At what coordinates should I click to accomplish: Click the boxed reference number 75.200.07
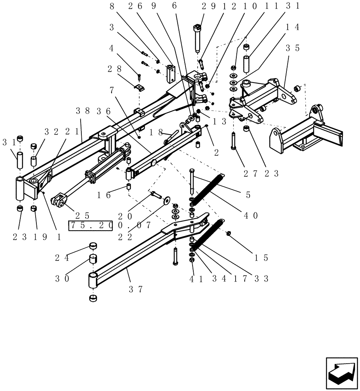pos(110,226)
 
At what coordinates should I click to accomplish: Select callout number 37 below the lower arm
pos(136,289)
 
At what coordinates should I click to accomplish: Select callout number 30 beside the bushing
pos(62,278)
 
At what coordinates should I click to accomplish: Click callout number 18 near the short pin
pos(156,132)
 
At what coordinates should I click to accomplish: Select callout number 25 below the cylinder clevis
pos(83,215)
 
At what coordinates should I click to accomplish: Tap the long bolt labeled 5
pos(191,181)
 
